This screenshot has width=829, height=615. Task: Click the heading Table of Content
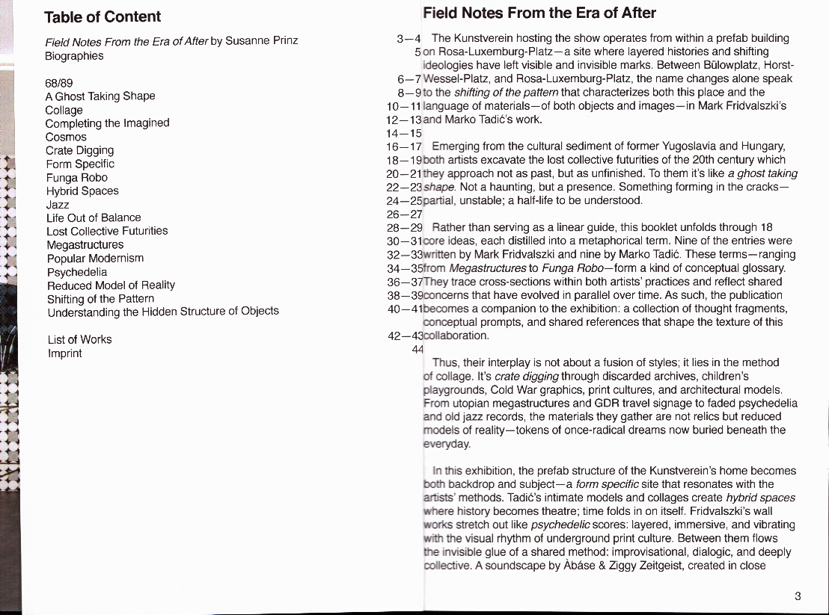click(103, 17)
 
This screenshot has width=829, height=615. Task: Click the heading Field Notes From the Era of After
click(539, 13)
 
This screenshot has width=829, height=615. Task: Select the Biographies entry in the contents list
click(74, 56)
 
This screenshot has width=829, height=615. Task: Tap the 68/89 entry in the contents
click(59, 82)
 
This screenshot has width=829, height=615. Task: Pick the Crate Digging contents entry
click(80, 150)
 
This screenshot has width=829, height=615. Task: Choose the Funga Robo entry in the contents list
click(76, 178)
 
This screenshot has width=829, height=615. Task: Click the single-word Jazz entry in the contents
click(58, 204)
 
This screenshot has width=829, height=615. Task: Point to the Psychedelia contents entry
click(76, 272)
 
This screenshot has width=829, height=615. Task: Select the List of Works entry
click(79, 339)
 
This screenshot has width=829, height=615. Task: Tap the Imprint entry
click(64, 353)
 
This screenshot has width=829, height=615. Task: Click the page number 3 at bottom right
click(798, 596)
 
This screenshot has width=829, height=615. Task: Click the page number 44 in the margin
click(417, 349)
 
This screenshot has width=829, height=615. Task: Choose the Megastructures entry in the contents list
click(85, 244)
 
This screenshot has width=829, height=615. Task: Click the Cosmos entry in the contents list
click(66, 137)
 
